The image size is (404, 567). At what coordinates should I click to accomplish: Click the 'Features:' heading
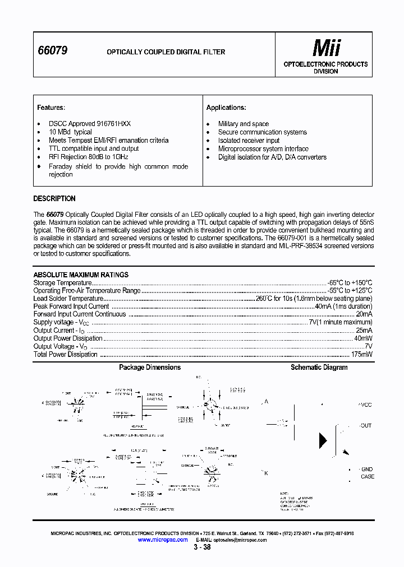pyautogui.click(x=51, y=108)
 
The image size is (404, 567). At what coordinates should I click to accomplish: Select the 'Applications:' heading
pyautogui.click(x=226, y=108)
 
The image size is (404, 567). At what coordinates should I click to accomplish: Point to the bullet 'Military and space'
pyautogui.click(x=244, y=124)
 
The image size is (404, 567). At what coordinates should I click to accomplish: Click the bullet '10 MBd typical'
pyautogui.click(x=70, y=132)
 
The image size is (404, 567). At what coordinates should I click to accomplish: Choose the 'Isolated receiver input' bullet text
pyautogui.click(x=249, y=141)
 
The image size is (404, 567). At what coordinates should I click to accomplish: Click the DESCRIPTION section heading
pyautogui.click(x=54, y=198)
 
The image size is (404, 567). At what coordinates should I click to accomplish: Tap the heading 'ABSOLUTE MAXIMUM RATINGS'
pyautogui.click(x=81, y=275)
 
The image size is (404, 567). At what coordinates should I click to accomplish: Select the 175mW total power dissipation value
pyautogui.click(x=360, y=354)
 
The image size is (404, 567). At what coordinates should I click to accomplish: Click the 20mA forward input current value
pyautogui.click(x=363, y=314)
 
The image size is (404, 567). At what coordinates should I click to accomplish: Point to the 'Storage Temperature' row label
pyautogui.click(x=62, y=283)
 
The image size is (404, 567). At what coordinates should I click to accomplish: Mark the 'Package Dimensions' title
pyautogui.click(x=150, y=368)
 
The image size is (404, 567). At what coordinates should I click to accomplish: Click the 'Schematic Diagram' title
pyautogui.click(x=319, y=368)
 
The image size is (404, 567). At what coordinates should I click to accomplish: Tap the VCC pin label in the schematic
pyautogui.click(x=365, y=405)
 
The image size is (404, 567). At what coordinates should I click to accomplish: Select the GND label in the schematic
pyautogui.click(x=367, y=470)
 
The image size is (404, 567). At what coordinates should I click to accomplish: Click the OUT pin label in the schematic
pyautogui.click(x=365, y=426)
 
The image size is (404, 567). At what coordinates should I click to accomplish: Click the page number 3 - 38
pyautogui.click(x=203, y=547)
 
